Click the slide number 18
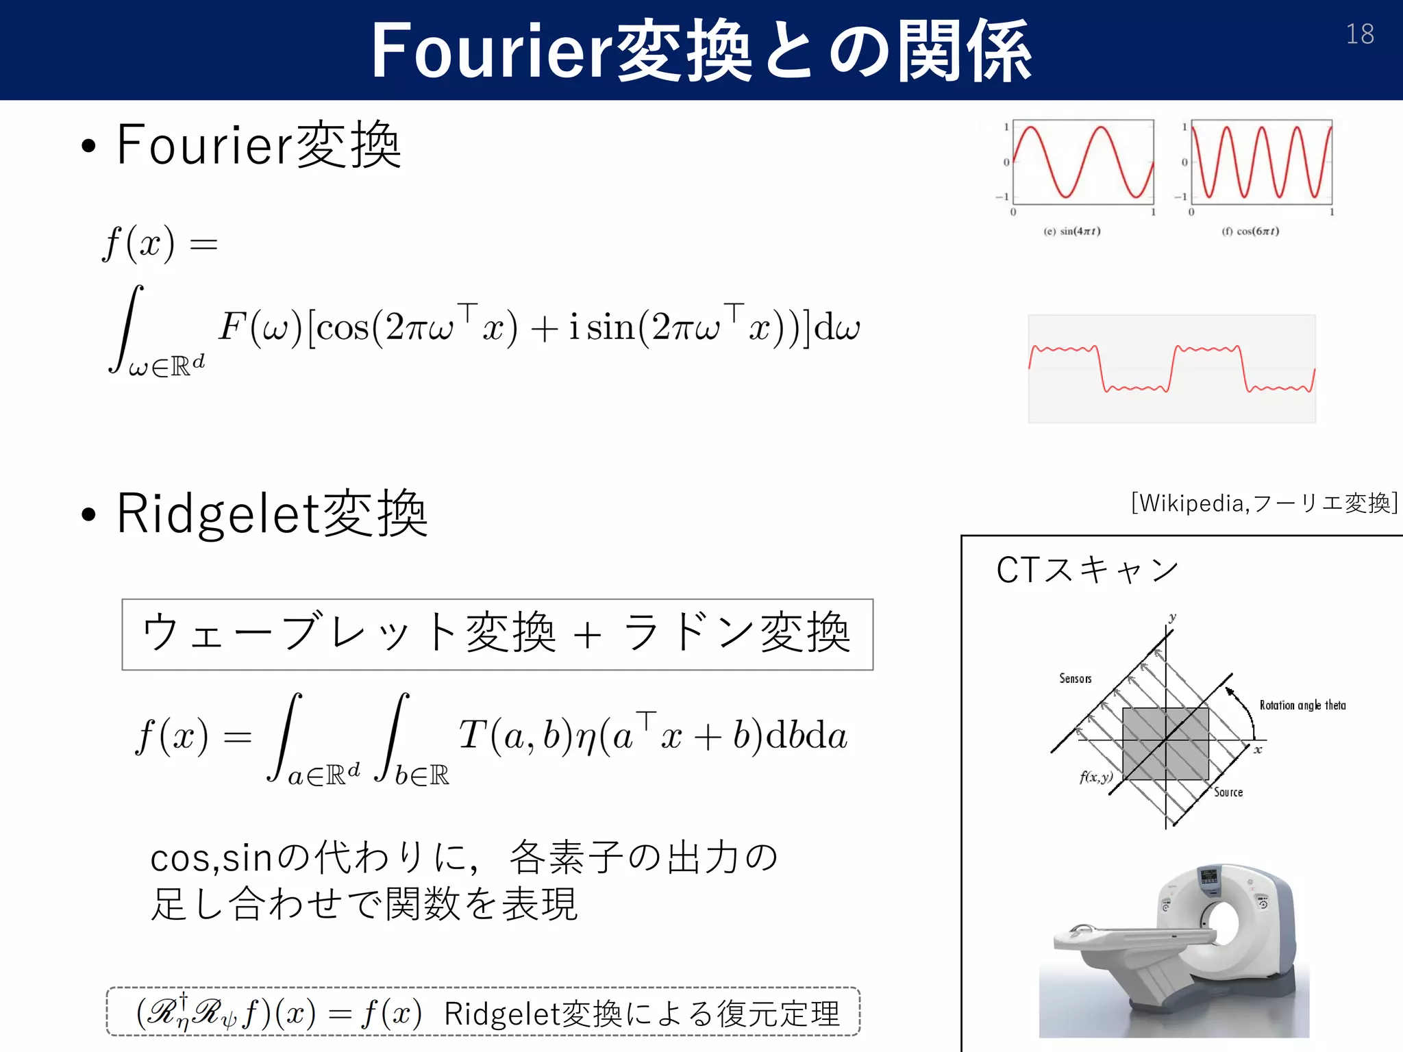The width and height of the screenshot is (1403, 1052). coord(1359,34)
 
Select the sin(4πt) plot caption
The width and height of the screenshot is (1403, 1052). coord(1072,231)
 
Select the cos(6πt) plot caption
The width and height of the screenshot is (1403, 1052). coord(1250,231)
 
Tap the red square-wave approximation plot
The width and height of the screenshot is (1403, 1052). coord(1171,369)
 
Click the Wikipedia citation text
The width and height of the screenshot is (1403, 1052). coord(1263,503)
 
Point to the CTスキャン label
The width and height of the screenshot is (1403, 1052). coord(1087,570)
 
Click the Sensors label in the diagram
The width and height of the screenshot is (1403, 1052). coord(1075,679)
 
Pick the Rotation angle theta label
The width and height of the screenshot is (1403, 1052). coord(1302,705)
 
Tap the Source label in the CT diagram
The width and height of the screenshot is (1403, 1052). coord(1228,792)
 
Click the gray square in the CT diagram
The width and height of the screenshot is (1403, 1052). coord(1165,743)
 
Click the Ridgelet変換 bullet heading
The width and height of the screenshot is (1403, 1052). coord(271,514)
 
